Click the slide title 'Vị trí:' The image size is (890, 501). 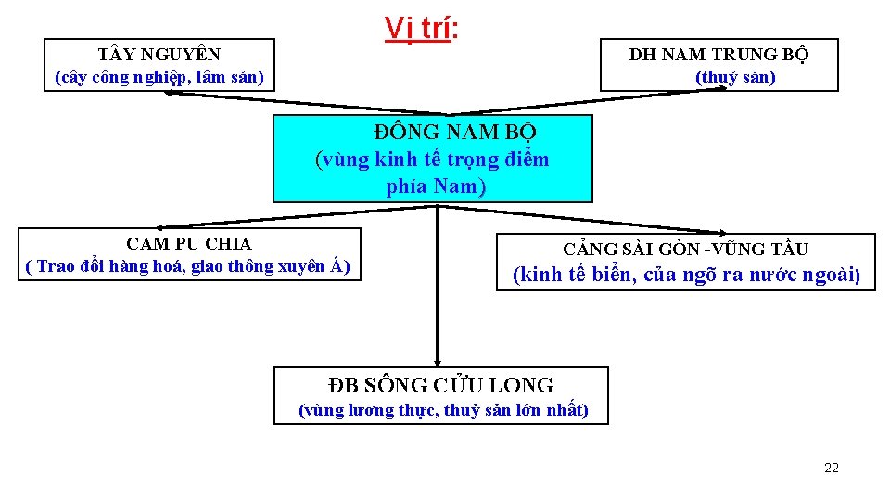(422, 29)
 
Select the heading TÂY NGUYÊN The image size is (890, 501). (159, 55)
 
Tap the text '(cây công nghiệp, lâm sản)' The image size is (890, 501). (159, 77)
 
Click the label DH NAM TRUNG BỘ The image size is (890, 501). (718, 55)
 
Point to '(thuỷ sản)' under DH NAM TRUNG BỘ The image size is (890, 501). (735, 77)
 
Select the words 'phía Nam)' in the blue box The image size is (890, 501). (435, 186)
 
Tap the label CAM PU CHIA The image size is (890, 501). (189, 244)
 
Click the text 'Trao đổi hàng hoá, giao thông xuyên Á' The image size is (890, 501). (189, 266)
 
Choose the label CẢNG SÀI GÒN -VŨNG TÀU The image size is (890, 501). (685, 250)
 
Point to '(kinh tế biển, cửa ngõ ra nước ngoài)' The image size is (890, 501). (688, 275)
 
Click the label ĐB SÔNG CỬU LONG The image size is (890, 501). (441, 385)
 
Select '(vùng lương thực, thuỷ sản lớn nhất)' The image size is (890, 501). (442, 410)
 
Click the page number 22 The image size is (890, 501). (831, 468)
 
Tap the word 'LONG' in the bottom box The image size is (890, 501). (526, 385)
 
